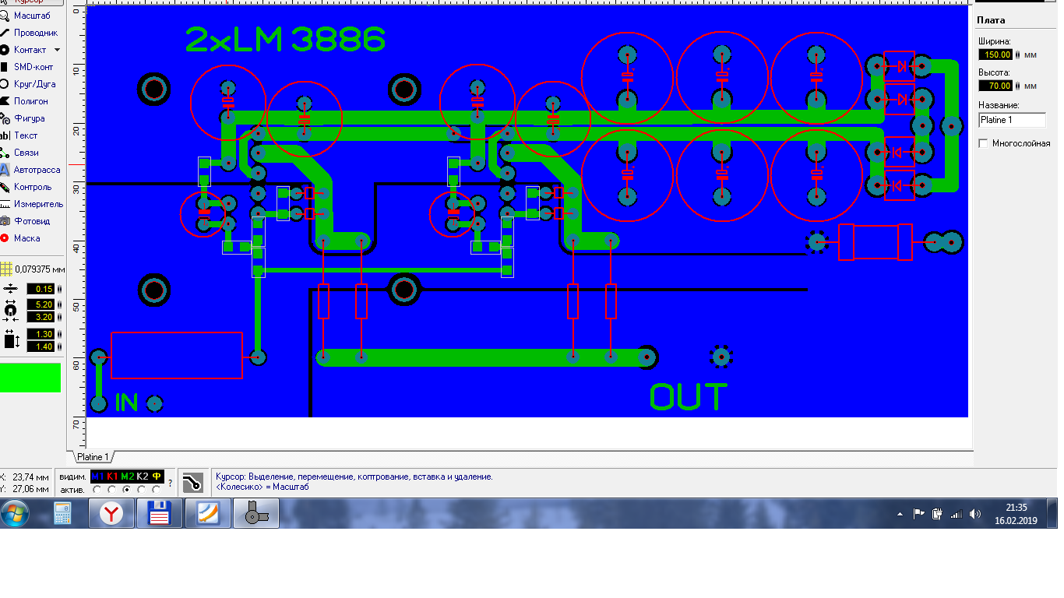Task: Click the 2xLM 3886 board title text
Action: coord(285,40)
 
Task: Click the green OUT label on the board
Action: coord(689,397)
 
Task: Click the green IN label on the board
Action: coord(126,403)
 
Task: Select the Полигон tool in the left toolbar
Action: coord(30,101)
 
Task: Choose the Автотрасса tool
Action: coord(36,170)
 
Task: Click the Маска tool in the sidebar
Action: coord(26,238)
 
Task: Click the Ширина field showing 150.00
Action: coord(996,55)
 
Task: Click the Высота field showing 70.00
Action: coord(996,86)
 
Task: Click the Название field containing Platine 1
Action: coord(1012,120)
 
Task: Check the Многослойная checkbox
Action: coord(983,143)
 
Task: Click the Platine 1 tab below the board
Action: coord(93,457)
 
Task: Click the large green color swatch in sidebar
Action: coord(30,378)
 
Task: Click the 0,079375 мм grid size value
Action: coord(40,269)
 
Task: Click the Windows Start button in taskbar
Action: coord(15,514)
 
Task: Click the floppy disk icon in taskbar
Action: coord(160,514)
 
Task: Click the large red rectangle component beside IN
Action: coord(177,356)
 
